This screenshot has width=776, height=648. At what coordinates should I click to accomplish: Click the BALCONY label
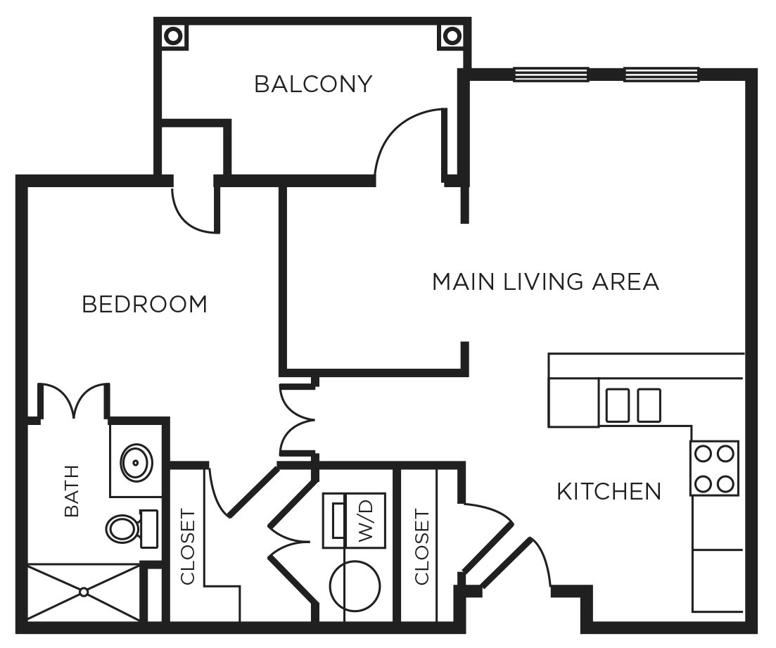312,84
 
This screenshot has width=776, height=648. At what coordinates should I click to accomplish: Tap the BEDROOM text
145,305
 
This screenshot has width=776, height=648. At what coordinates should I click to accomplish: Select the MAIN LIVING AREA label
545,281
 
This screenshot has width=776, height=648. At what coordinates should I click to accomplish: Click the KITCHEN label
609,491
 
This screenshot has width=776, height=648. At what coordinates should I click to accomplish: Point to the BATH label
72,491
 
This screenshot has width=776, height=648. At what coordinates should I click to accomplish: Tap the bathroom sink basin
134,462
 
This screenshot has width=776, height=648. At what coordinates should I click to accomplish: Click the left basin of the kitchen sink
617,405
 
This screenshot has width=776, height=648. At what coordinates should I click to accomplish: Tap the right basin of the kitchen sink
649,405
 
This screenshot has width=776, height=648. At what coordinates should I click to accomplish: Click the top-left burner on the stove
702,454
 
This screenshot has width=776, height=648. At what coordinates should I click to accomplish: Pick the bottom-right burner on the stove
726,483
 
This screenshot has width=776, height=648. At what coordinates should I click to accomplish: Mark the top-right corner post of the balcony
450,35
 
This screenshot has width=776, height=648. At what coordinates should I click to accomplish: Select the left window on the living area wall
551,74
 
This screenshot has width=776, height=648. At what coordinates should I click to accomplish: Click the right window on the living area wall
661,74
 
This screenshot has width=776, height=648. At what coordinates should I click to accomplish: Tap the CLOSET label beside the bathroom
187,547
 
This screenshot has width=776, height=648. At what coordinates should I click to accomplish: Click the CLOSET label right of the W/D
421,547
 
